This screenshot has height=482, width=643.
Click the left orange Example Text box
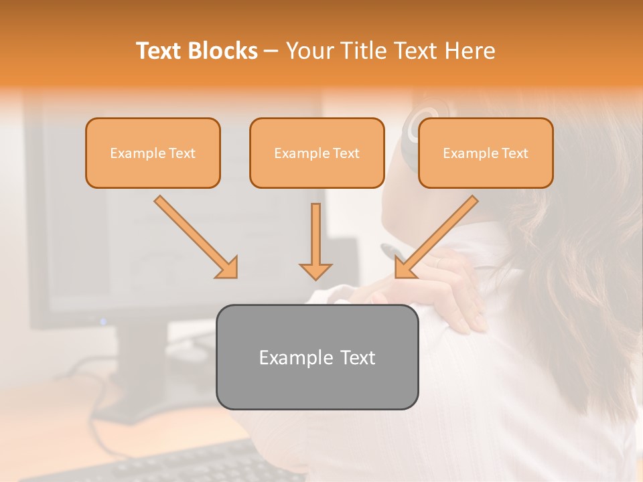pos(153,153)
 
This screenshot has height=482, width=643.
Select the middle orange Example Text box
pos(317,153)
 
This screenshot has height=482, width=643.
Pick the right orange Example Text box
pos(486,153)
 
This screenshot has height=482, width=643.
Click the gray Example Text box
pos(317,357)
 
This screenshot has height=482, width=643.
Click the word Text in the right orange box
pos(515,153)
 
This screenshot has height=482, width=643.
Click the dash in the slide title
pos(271,51)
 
